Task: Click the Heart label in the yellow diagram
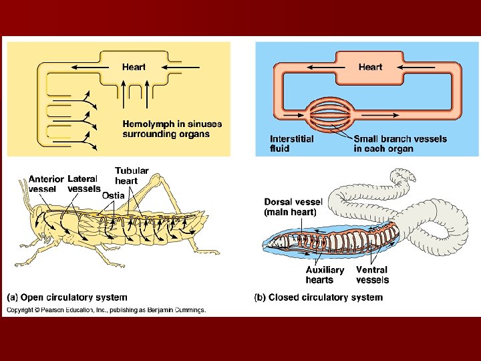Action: (134, 67)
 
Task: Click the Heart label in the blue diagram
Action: (370, 67)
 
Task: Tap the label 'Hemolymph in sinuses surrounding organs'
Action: (172, 129)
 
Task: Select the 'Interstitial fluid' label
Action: (291, 144)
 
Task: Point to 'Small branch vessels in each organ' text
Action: (400, 144)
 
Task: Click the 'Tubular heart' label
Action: (132, 176)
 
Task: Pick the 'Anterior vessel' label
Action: (46, 184)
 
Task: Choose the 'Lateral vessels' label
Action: (84, 184)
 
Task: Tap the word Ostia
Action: (113, 195)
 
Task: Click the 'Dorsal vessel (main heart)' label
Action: (293, 207)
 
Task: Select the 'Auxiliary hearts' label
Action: (325, 275)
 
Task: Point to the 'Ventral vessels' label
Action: (372, 275)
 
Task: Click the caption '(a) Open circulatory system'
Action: (67, 297)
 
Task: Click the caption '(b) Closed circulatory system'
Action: (319, 297)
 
